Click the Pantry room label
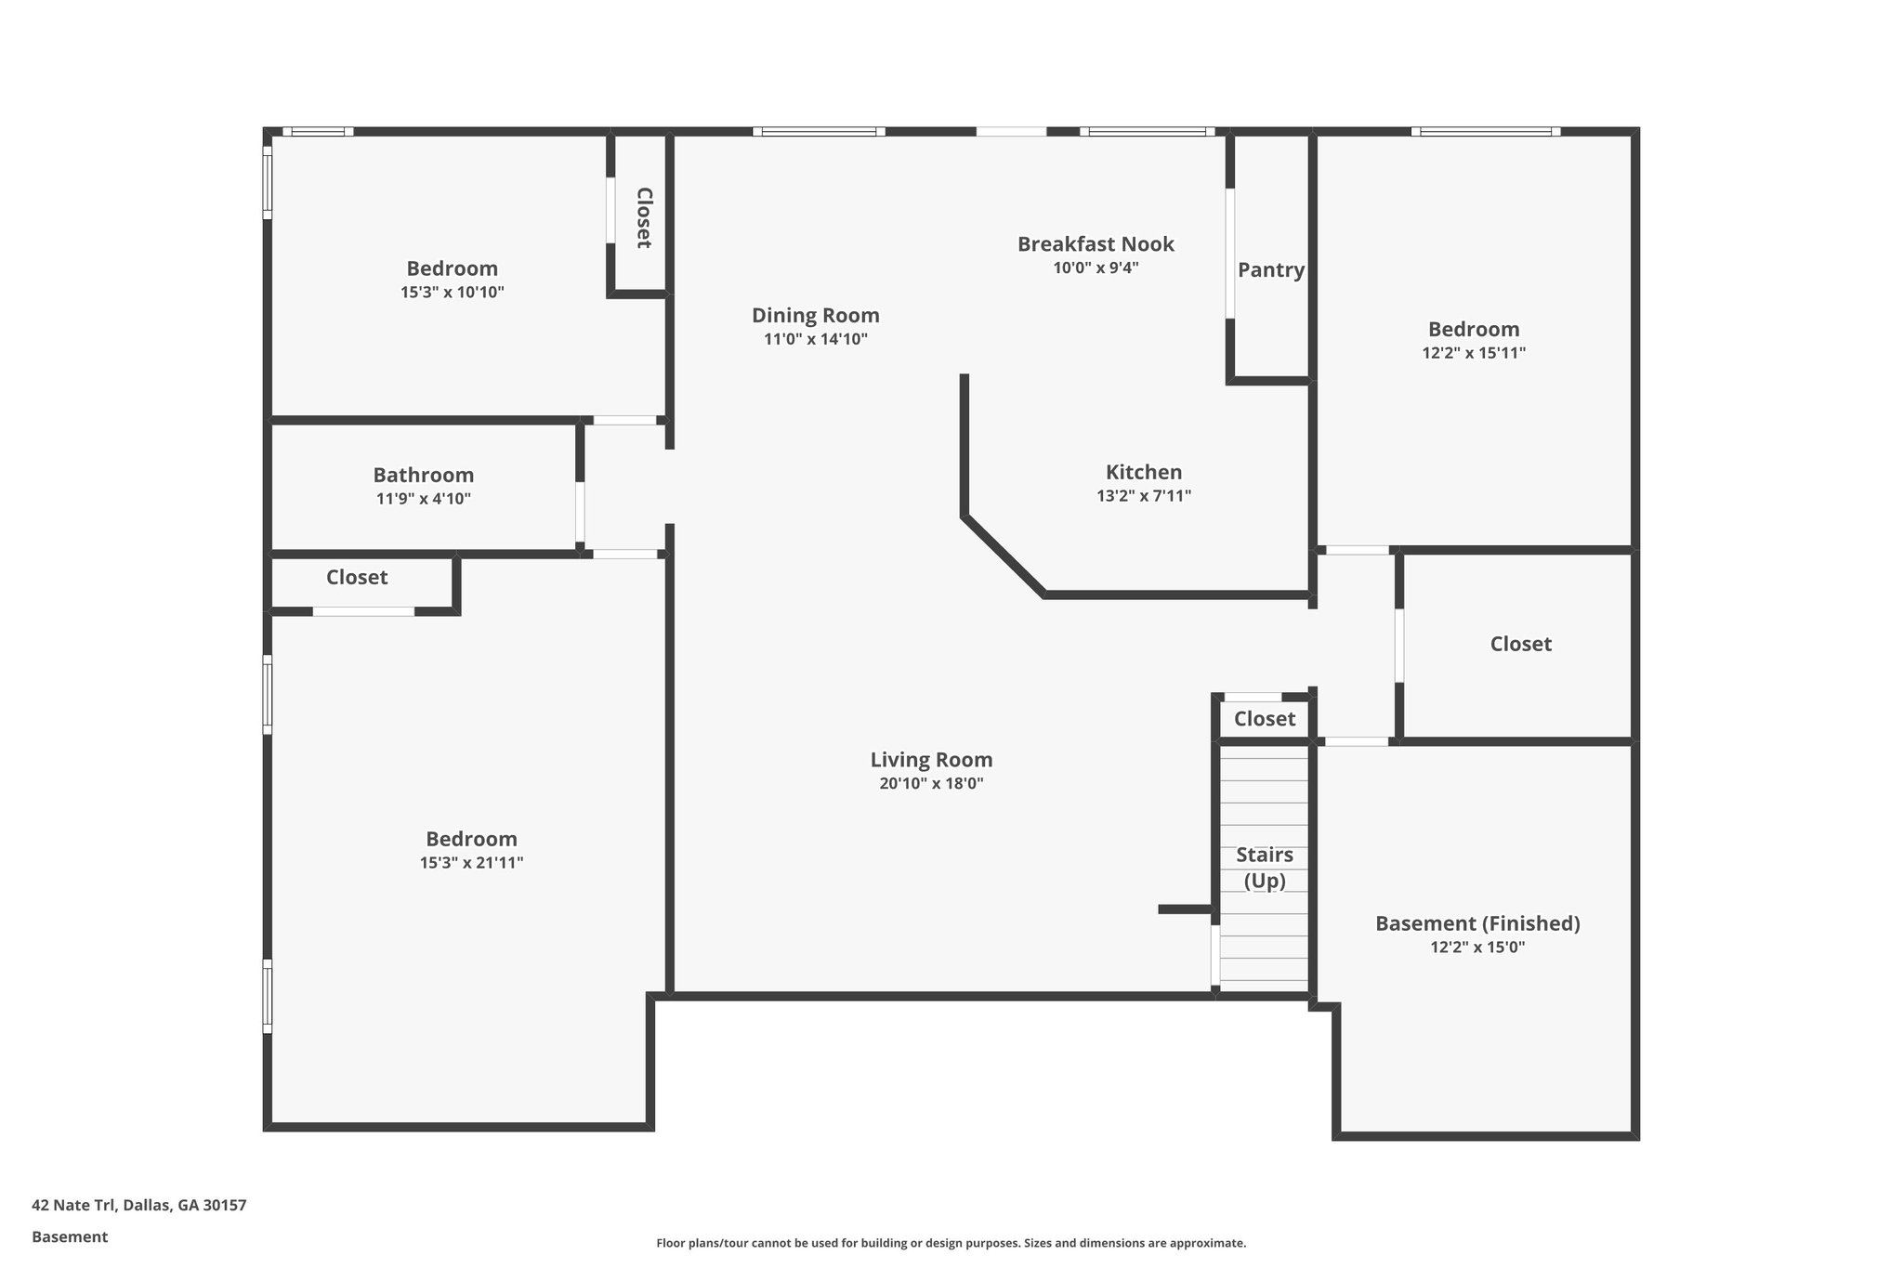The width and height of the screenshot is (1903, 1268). [1270, 270]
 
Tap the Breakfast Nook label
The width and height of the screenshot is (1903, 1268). [1096, 244]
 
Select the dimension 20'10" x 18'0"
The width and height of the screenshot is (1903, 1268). [931, 784]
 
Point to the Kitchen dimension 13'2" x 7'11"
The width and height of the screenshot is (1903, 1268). [1144, 496]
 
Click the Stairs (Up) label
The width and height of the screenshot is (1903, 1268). [1264, 868]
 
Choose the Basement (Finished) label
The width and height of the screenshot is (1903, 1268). [1477, 923]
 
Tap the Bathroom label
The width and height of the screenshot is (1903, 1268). [423, 475]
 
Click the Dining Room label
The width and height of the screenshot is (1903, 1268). [815, 316]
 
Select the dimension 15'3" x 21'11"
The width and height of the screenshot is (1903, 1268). [471, 863]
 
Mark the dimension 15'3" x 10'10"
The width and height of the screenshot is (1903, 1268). [452, 293]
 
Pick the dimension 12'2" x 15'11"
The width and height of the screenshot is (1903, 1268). [1474, 353]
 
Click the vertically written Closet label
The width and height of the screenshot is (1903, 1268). [643, 217]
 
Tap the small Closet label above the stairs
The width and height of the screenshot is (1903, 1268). [1264, 719]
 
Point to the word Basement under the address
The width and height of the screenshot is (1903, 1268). [70, 1236]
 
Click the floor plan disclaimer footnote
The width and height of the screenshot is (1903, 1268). [951, 1243]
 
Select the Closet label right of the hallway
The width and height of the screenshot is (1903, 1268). [1520, 644]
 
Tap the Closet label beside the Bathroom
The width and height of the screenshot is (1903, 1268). [357, 577]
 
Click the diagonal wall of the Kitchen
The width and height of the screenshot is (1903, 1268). [1004, 556]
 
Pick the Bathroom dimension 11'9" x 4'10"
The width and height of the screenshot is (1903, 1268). [423, 499]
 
